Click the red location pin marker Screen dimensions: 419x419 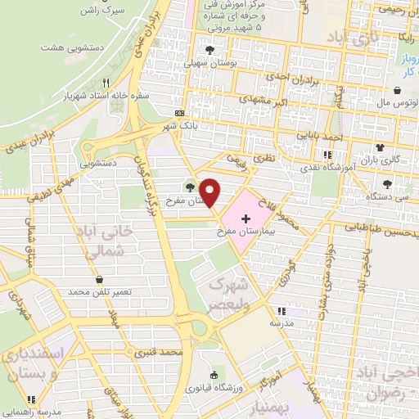click(210, 192)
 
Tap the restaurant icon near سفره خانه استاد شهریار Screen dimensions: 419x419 click(106, 83)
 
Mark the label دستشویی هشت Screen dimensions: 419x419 click(64, 47)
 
